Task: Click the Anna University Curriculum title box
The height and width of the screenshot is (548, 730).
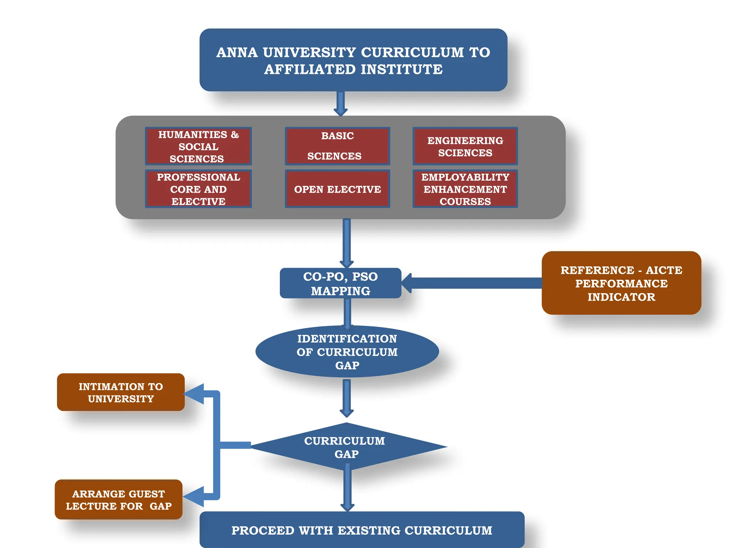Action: pos(353,60)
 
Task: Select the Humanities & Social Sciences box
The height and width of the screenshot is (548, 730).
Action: pos(198,146)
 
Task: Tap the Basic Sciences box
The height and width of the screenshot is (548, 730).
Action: pos(337,146)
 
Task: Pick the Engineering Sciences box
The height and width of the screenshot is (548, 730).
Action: pos(465,146)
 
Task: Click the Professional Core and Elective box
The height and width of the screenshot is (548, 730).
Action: pos(198,189)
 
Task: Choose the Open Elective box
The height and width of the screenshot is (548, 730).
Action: pos(337,189)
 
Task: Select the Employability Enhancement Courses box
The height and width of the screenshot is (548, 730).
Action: pos(465,189)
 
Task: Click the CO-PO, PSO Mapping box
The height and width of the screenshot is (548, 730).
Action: pos(340,283)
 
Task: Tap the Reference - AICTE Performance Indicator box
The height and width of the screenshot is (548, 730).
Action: pos(621,283)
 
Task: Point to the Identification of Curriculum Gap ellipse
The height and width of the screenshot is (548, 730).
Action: pos(347,352)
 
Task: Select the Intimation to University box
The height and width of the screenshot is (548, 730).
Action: pos(121,392)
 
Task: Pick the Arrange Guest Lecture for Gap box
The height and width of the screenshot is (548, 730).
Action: pos(119,500)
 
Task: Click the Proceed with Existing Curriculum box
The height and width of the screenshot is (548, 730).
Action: pos(361,530)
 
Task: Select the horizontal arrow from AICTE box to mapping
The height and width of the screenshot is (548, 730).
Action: pos(474,283)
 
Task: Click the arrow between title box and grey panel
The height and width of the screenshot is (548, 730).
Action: pos(340,103)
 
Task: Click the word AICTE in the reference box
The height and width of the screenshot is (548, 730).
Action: pos(664,270)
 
